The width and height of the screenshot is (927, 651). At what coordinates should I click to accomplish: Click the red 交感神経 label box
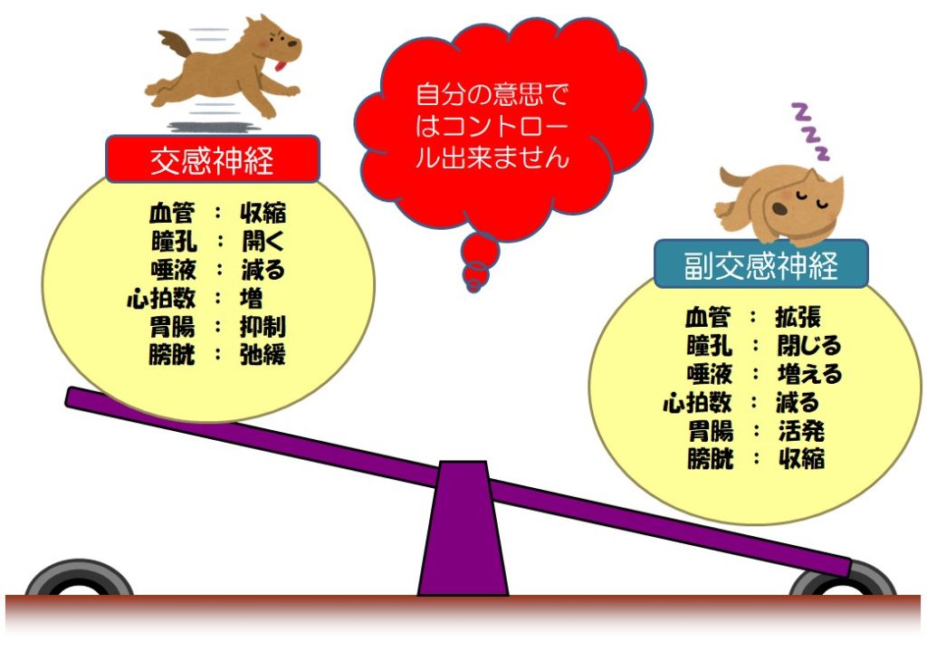(x=214, y=159)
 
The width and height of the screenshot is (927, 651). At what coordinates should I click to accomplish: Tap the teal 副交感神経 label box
(x=760, y=264)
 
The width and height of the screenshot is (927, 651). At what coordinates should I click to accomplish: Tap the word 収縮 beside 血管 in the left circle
(x=263, y=214)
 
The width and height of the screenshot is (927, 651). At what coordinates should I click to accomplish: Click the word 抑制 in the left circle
(x=263, y=327)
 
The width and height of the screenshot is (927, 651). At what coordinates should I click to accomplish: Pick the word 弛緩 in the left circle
(x=263, y=355)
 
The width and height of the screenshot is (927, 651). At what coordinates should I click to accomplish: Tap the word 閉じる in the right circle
(x=808, y=345)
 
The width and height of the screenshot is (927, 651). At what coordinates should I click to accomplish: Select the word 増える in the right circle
(x=808, y=374)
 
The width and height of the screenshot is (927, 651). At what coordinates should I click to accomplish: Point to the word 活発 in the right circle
(x=800, y=430)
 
